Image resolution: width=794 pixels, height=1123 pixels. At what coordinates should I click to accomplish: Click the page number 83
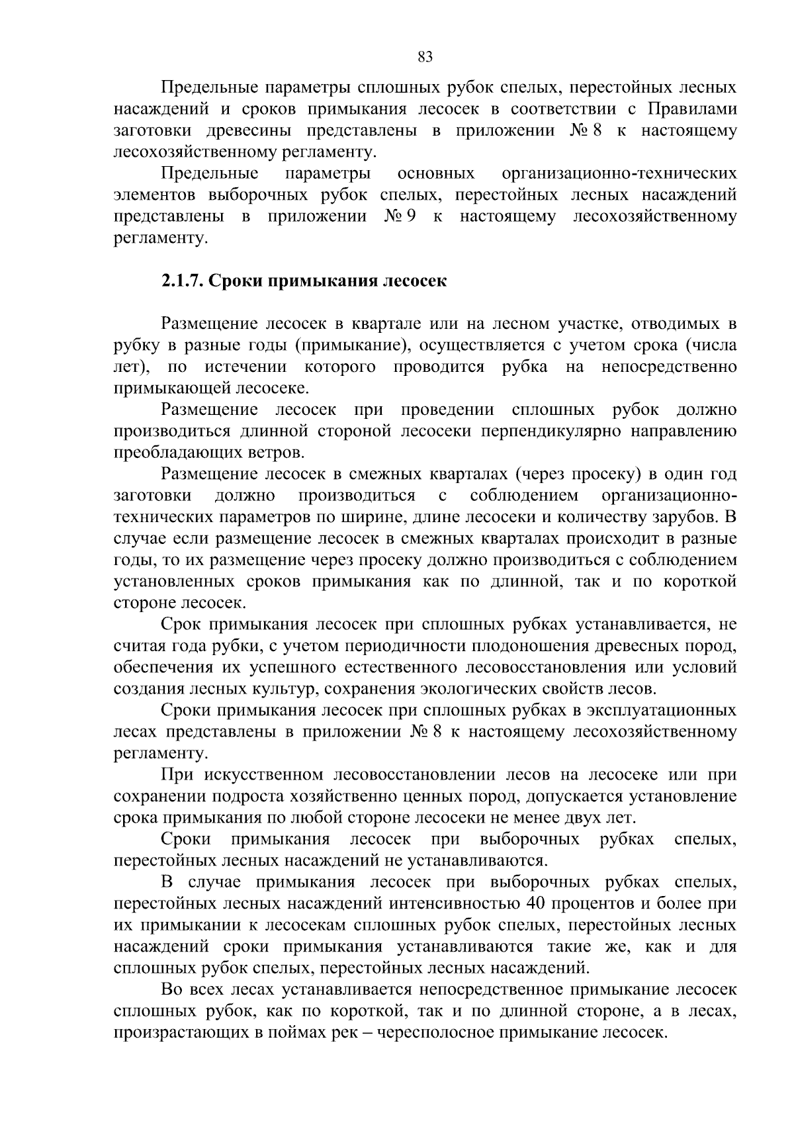pyautogui.click(x=425, y=58)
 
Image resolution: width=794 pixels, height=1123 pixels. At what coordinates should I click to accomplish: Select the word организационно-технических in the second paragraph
pyautogui.click(x=619, y=174)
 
